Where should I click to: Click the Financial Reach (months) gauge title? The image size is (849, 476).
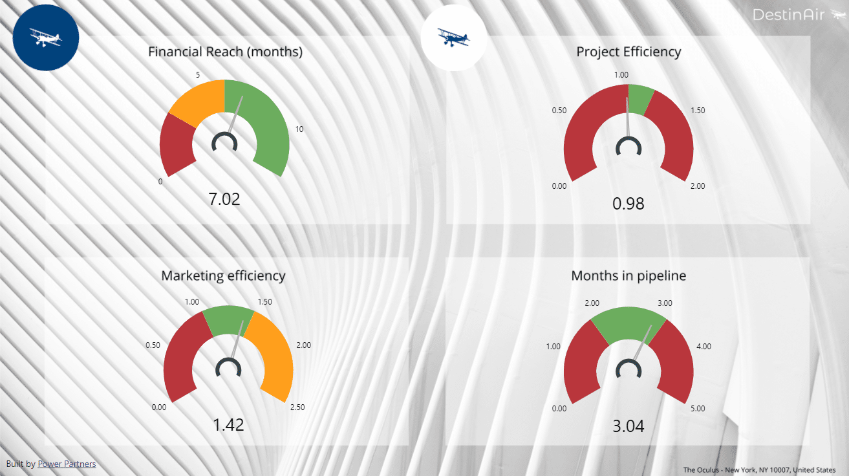225,52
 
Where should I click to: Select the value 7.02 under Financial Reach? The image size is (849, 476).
224,199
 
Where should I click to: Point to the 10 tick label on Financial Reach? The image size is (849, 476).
299,129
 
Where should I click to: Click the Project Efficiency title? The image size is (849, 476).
629,52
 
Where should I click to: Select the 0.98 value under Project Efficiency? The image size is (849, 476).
629,204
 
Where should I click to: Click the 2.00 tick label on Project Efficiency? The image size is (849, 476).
698,186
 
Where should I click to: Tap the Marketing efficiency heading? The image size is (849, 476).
223,276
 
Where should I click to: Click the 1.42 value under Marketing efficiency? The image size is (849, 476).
228,425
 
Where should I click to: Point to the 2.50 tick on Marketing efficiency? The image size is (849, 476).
297,407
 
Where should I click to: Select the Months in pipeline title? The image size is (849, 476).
629,276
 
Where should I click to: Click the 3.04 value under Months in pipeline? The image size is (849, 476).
629,426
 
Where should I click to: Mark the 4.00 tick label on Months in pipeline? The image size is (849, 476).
703,347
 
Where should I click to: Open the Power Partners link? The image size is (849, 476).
67,464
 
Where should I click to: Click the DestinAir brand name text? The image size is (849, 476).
789,14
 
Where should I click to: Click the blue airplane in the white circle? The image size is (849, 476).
453,38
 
